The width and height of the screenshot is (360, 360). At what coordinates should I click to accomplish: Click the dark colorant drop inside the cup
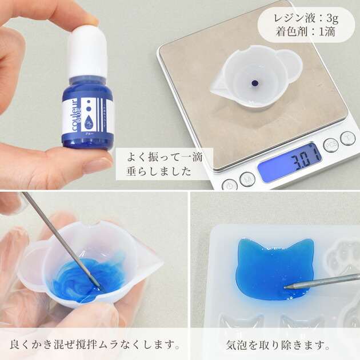click(254, 83)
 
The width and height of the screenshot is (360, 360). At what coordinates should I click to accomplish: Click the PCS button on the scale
click(330, 145)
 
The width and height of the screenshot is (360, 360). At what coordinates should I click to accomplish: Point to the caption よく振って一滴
click(164, 157)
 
